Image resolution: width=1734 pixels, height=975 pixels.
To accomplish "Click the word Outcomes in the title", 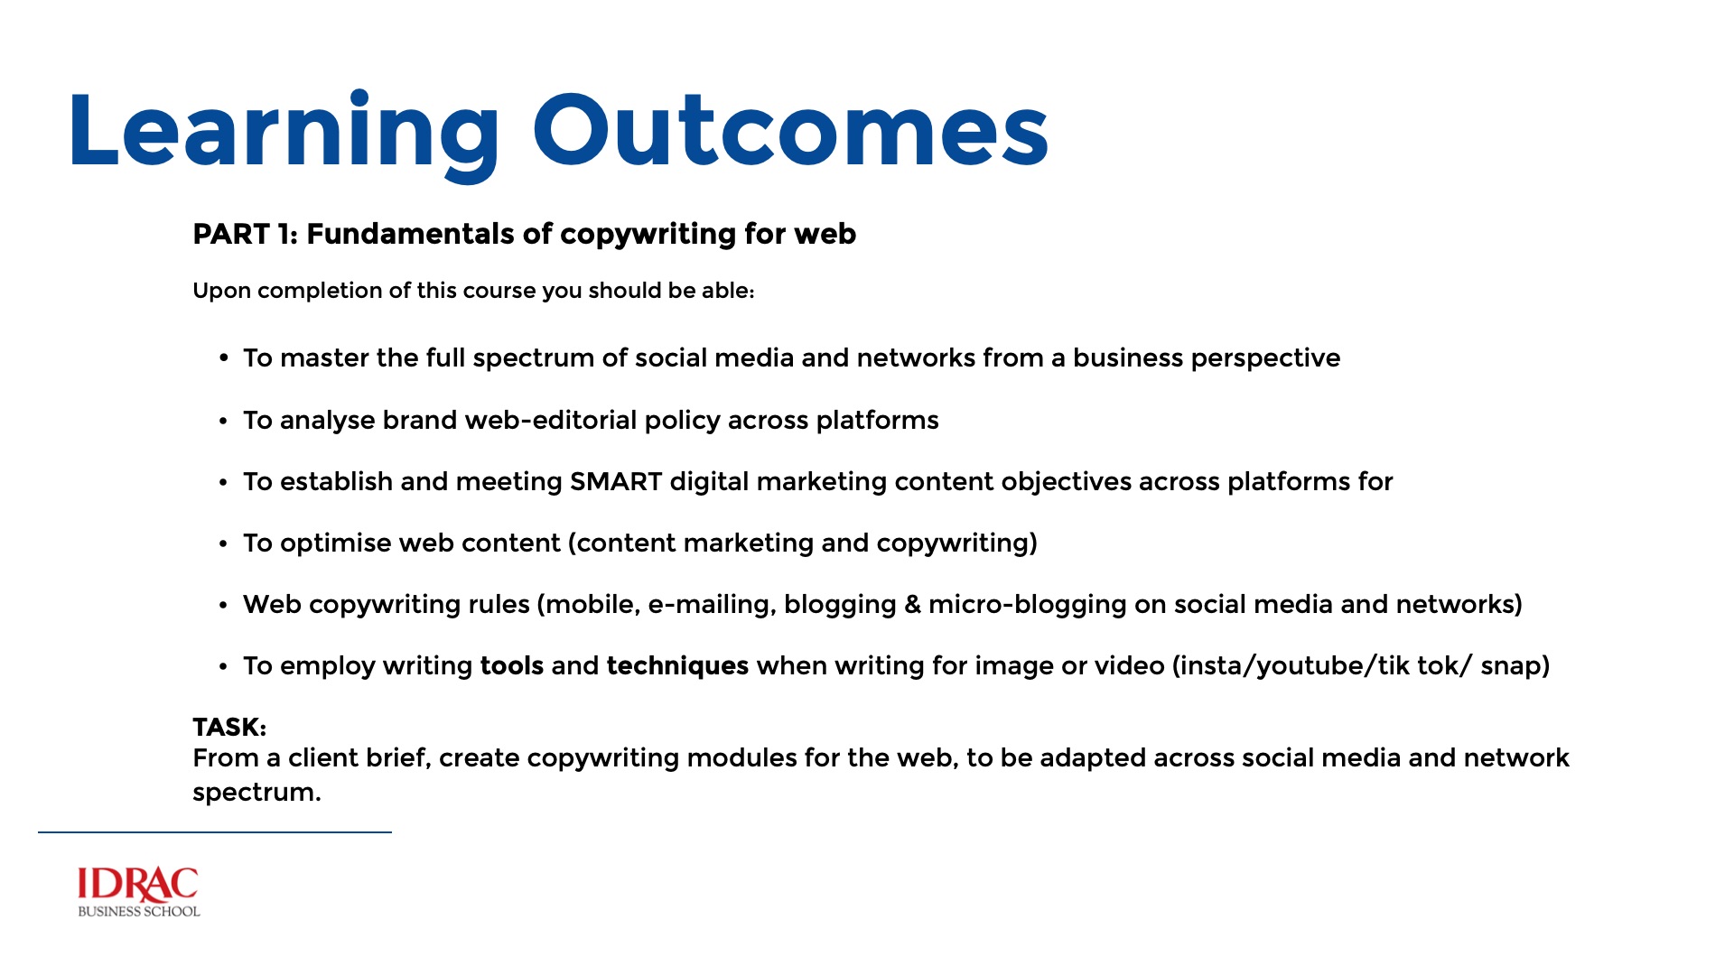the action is tap(791, 131).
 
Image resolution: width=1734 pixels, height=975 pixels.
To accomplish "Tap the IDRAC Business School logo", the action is tap(138, 892).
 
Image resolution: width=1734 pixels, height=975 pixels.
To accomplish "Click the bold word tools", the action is tap(512, 666).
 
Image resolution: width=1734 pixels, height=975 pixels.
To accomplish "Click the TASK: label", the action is tap(229, 728).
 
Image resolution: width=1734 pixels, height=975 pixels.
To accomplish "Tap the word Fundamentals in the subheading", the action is tap(411, 235).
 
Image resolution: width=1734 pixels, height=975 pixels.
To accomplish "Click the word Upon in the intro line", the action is tap(221, 292).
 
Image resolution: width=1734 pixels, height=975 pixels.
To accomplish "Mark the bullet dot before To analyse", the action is tap(223, 422).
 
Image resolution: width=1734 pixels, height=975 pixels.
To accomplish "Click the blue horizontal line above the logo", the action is tap(215, 832).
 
